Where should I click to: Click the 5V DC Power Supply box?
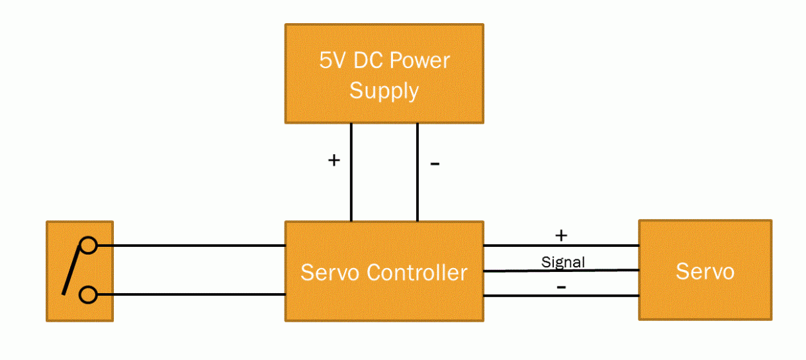point(384,74)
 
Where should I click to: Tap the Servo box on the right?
point(705,271)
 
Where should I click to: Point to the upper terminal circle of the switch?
point(88,246)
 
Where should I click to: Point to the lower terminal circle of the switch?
point(88,294)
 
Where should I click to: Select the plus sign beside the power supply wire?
point(334,160)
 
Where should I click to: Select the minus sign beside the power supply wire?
point(435,163)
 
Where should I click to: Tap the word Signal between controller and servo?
point(563,262)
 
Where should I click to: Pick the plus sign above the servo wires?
point(561,235)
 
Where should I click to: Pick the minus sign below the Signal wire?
point(561,287)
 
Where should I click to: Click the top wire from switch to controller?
point(192,246)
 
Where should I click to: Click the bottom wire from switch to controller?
point(192,294)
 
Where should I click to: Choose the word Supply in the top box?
point(384,91)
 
